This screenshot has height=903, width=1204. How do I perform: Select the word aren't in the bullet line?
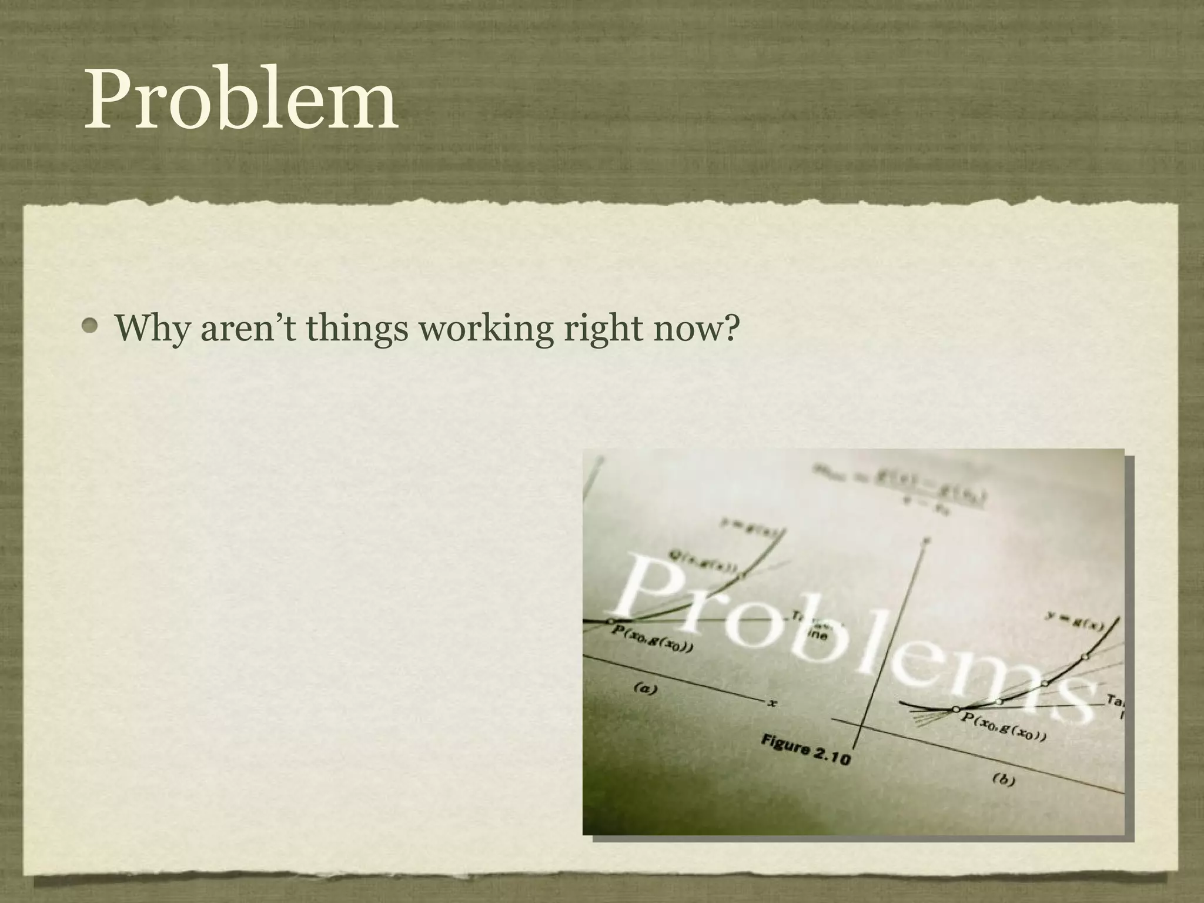(249, 328)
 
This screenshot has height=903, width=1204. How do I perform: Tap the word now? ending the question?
(696, 328)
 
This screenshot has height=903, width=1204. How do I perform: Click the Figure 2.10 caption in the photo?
(806, 750)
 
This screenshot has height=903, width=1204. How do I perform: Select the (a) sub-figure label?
(645, 688)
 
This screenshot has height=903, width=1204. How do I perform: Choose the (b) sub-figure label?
(1004, 780)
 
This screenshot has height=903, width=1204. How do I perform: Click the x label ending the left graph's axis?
(772, 703)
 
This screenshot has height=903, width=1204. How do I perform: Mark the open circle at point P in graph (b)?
(956, 710)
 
